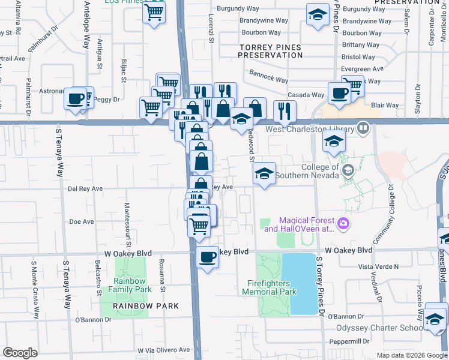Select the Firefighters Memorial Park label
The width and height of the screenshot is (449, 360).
pos(272,287)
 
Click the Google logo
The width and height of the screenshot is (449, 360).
pos(20,353)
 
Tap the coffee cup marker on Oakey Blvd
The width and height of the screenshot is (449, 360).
pos(208,257)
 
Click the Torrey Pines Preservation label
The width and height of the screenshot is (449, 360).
pos(270,50)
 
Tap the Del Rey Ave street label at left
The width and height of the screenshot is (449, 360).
pos(85,188)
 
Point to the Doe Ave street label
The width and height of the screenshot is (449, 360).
pos(82,221)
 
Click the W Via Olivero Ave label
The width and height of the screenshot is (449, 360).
pos(163,350)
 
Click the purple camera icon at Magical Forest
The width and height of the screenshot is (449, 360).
pos(343,224)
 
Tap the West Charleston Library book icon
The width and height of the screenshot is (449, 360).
pos(363,128)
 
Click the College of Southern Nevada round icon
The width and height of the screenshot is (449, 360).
pos(348,171)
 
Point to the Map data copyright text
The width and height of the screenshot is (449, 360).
pos(412,355)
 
